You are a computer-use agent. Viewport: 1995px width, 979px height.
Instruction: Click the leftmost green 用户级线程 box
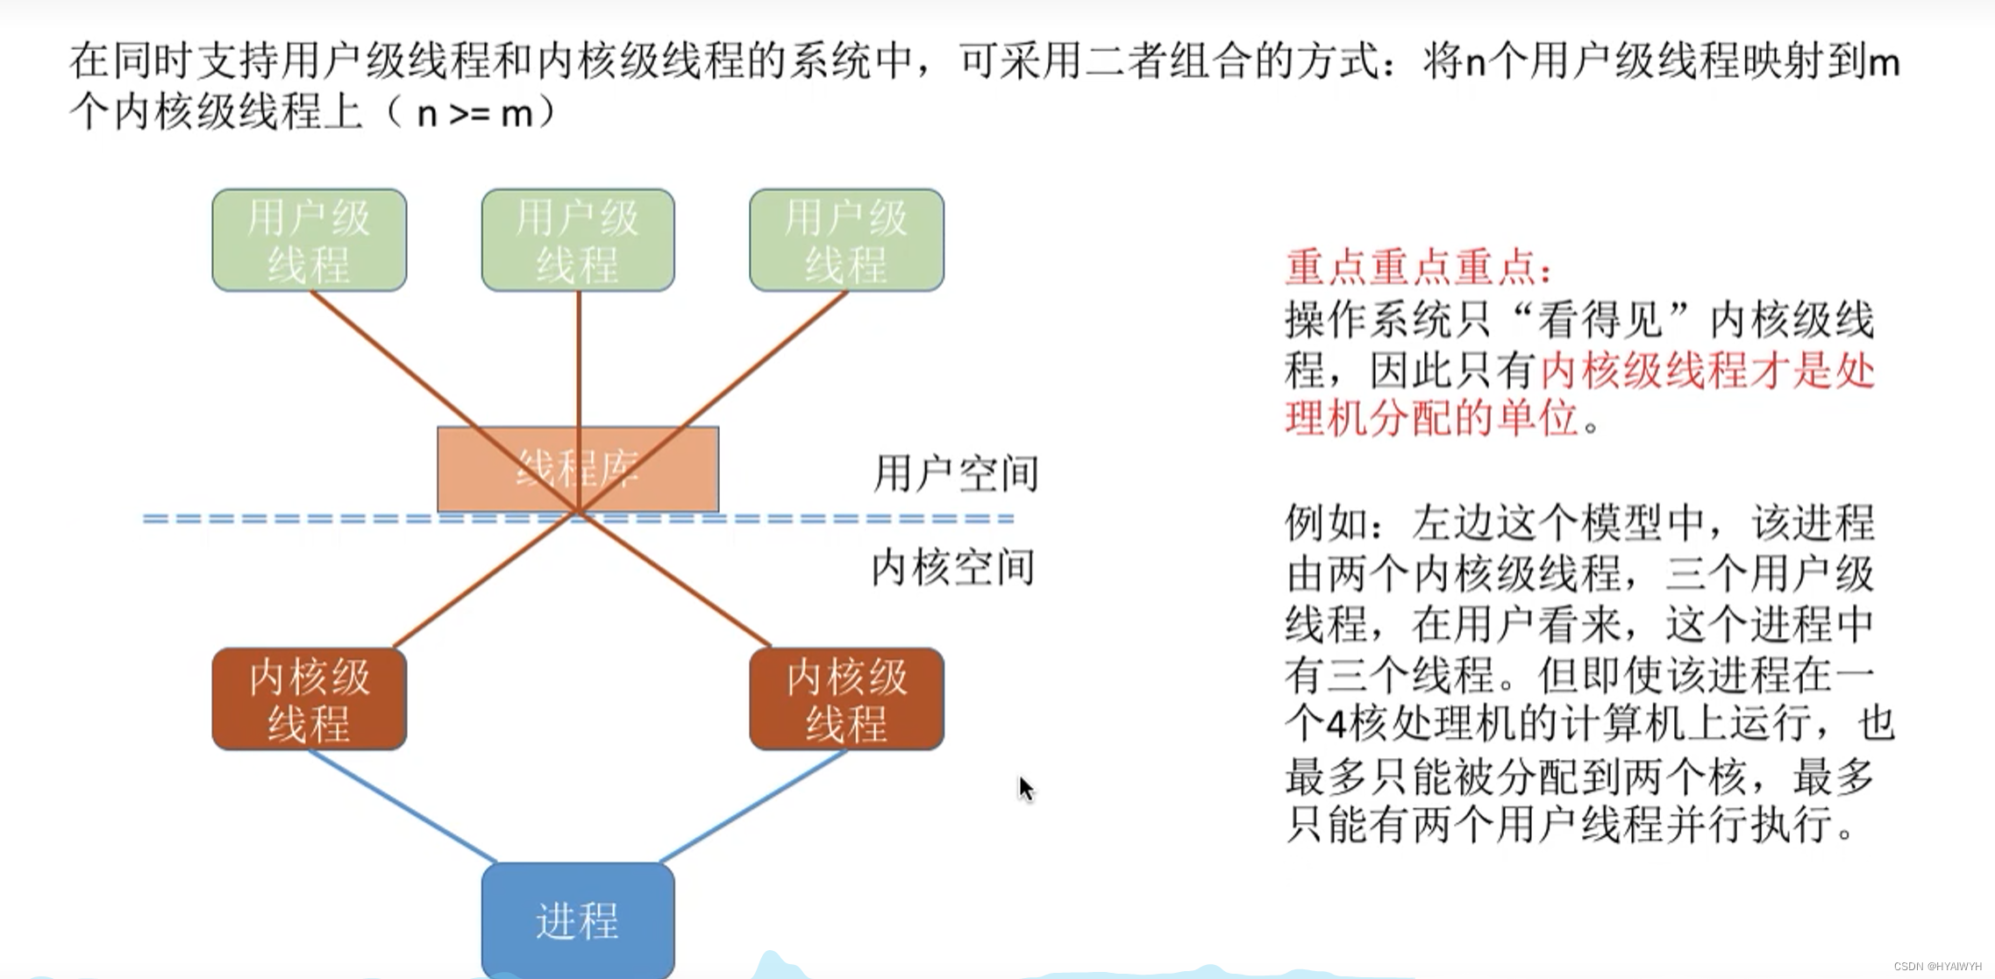pyautogui.click(x=309, y=240)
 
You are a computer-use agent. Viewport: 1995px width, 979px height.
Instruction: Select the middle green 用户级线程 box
pyautogui.click(x=578, y=240)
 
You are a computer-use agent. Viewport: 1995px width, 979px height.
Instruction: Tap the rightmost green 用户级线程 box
pyautogui.click(x=846, y=240)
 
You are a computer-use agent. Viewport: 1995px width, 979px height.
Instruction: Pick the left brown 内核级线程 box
pyautogui.click(x=309, y=699)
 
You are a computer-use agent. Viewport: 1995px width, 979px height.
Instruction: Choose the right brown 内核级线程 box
pyautogui.click(x=846, y=699)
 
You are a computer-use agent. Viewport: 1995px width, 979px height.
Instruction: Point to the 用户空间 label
pyautogui.click(x=955, y=474)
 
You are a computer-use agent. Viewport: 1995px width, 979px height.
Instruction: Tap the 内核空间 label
pyautogui.click(x=953, y=568)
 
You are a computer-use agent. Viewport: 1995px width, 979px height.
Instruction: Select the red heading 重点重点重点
pyautogui.click(x=1417, y=267)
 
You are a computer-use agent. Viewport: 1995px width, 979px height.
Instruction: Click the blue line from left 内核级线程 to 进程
pyautogui.click(x=402, y=805)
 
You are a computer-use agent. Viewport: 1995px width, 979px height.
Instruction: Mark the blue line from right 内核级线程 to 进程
pyautogui.click(x=752, y=805)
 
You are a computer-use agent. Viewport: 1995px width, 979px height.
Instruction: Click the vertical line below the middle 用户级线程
pyautogui.click(x=579, y=359)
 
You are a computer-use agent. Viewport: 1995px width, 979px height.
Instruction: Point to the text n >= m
pyautogui.click(x=474, y=115)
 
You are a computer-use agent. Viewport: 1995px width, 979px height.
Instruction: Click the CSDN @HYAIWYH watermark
pyautogui.click(x=1937, y=966)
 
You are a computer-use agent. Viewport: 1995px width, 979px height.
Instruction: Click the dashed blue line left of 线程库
pyautogui.click(x=289, y=519)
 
